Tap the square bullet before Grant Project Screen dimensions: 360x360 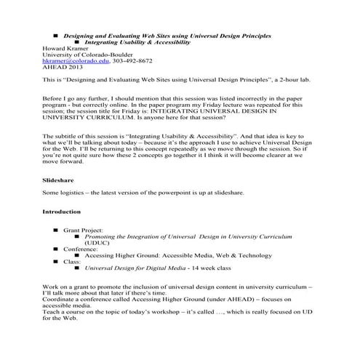pos(55,231)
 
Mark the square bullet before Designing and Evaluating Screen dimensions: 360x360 pos(56,35)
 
